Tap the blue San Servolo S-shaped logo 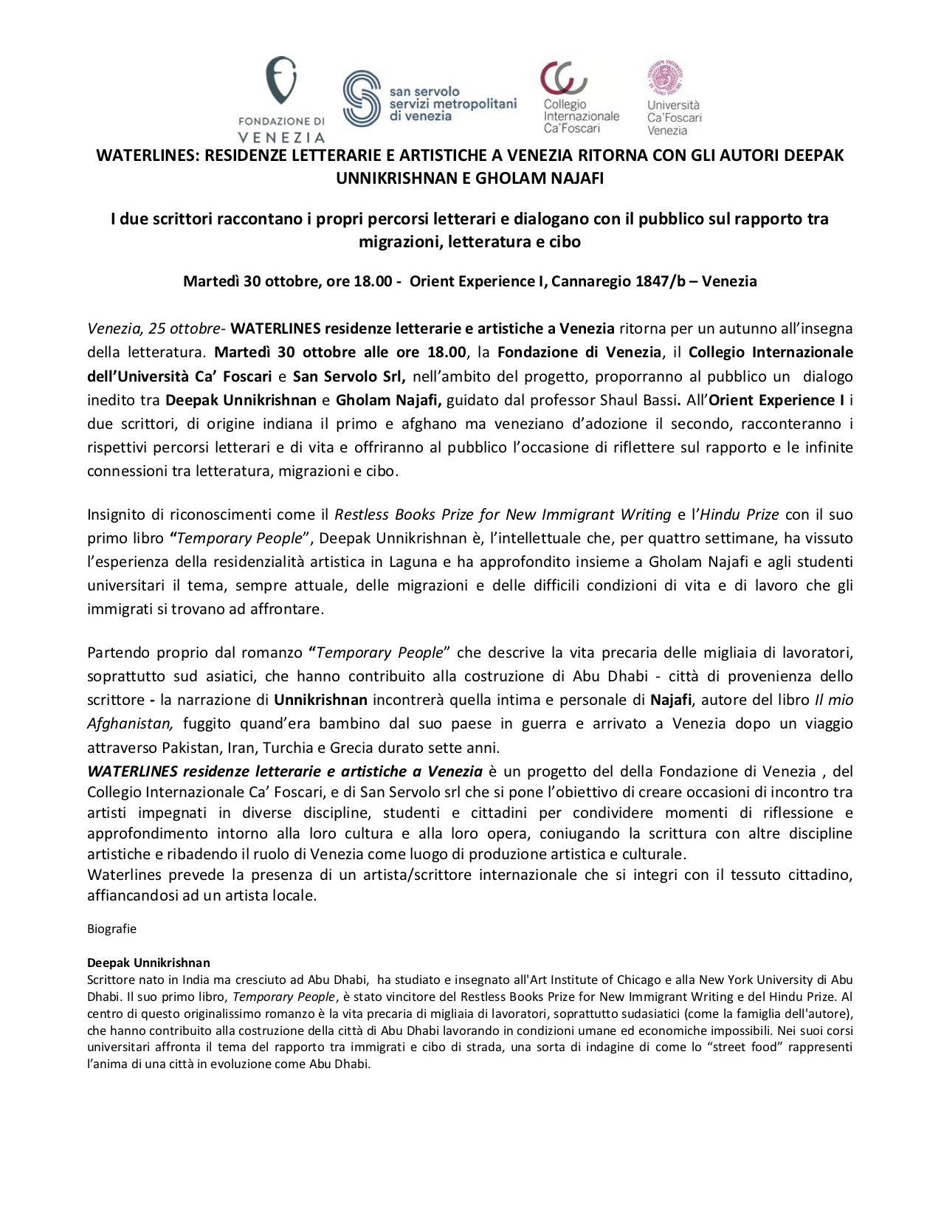[362, 100]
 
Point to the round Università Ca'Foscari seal [666, 79]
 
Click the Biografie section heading [111, 929]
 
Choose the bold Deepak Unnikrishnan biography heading [148, 963]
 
